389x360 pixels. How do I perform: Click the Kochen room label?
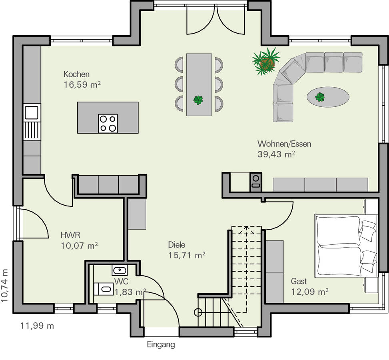point(76,74)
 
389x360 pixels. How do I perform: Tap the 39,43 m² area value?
point(276,154)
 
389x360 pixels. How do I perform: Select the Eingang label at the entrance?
point(161,345)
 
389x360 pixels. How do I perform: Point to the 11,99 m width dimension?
point(37,326)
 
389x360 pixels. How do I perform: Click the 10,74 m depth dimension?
point(5,286)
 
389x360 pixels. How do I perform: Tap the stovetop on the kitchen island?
point(108,123)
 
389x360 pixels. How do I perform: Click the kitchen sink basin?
point(32,112)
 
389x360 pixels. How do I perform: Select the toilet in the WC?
point(104,289)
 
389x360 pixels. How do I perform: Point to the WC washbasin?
point(120,270)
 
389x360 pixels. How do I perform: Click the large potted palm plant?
point(266,61)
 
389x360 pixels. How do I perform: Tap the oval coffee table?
point(328,97)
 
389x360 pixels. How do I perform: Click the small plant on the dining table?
point(198,100)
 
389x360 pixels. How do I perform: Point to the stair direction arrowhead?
point(246,230)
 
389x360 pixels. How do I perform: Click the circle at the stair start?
point(198,312)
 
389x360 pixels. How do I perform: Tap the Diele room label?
point(177,245)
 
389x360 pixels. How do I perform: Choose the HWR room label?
point(70,235)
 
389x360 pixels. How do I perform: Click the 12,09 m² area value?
point(309,292)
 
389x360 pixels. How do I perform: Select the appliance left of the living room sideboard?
point(256,182)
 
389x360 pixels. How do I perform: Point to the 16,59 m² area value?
point(82,85)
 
